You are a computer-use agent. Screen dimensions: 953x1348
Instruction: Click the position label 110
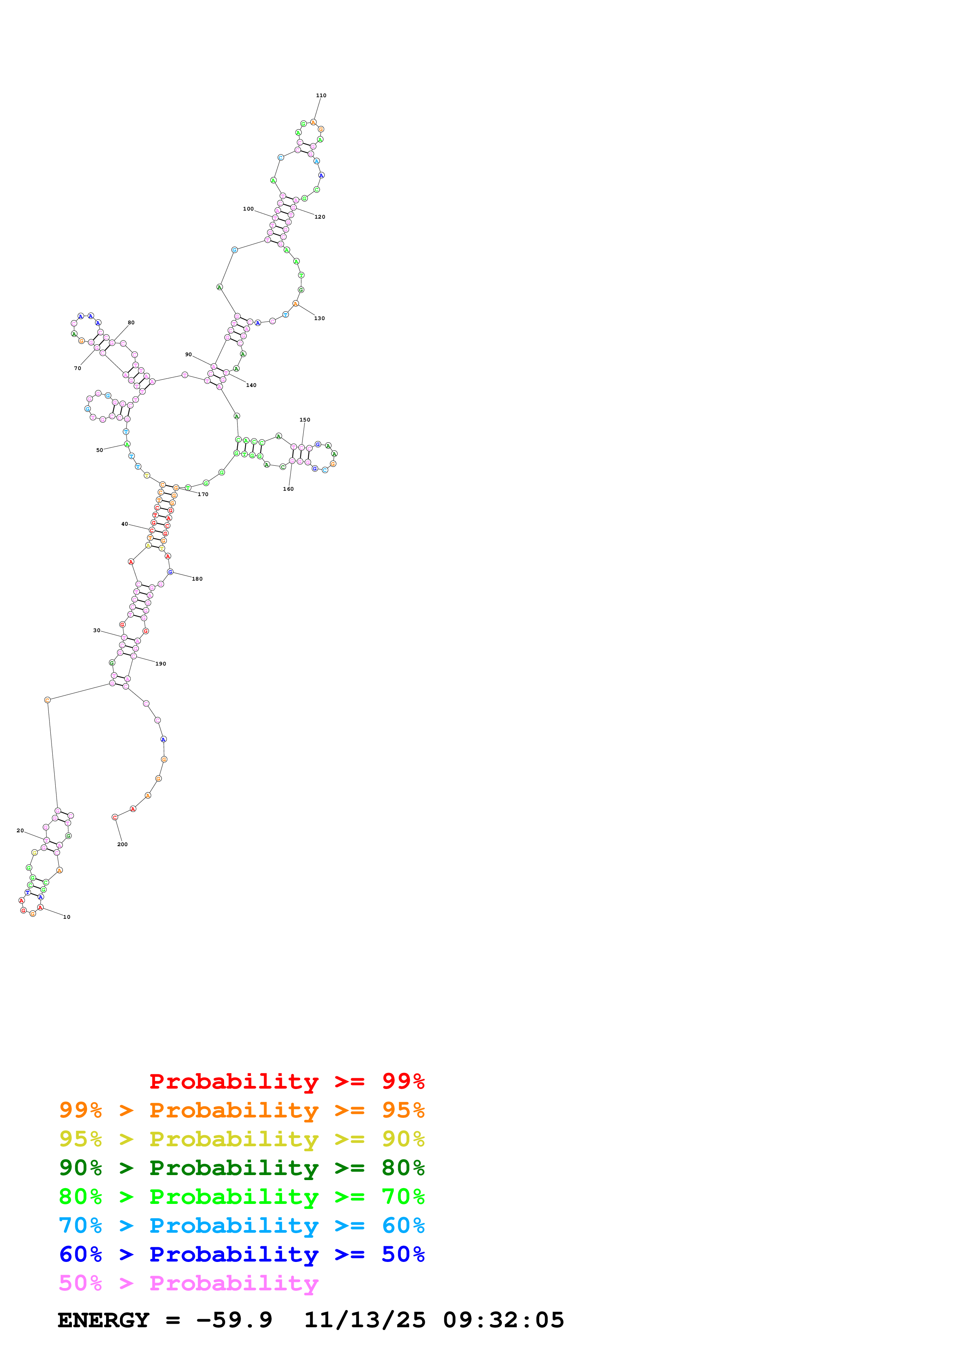321,96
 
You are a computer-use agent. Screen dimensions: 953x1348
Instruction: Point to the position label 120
319,217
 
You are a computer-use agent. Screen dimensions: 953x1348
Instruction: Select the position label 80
131,323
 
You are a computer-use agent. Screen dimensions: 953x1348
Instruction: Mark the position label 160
288,489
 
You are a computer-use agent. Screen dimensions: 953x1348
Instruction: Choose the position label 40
125,524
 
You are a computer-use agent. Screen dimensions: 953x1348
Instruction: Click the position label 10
67,918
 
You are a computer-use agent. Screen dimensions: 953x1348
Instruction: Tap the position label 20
20,831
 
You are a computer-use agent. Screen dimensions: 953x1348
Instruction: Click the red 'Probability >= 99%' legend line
286,1081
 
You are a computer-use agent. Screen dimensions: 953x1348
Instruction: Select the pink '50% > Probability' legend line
188,1283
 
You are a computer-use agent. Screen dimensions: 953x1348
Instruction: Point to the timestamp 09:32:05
503,1320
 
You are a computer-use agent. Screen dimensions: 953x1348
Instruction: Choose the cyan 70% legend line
241,1226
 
